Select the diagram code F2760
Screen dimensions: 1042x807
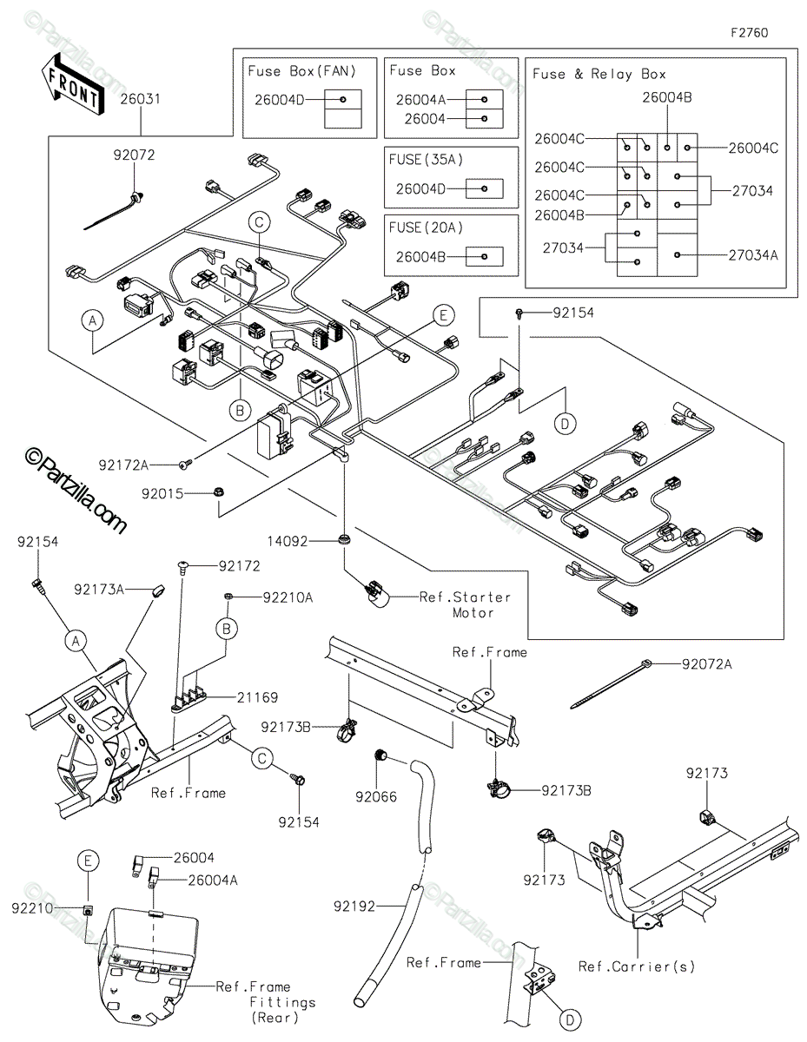coord(749,33)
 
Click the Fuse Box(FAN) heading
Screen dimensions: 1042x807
coord(301,70)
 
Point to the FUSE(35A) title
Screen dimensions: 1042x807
coord(427,159)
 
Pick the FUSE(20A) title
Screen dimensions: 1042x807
coord(427,228)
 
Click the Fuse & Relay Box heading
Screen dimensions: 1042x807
coord(599,75)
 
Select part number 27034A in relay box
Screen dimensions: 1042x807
coord(752,255)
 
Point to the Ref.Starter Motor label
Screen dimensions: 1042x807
coord(465,604)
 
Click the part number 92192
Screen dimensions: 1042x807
coord(353,907)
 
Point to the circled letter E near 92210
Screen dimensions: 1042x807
coord(87,860)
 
